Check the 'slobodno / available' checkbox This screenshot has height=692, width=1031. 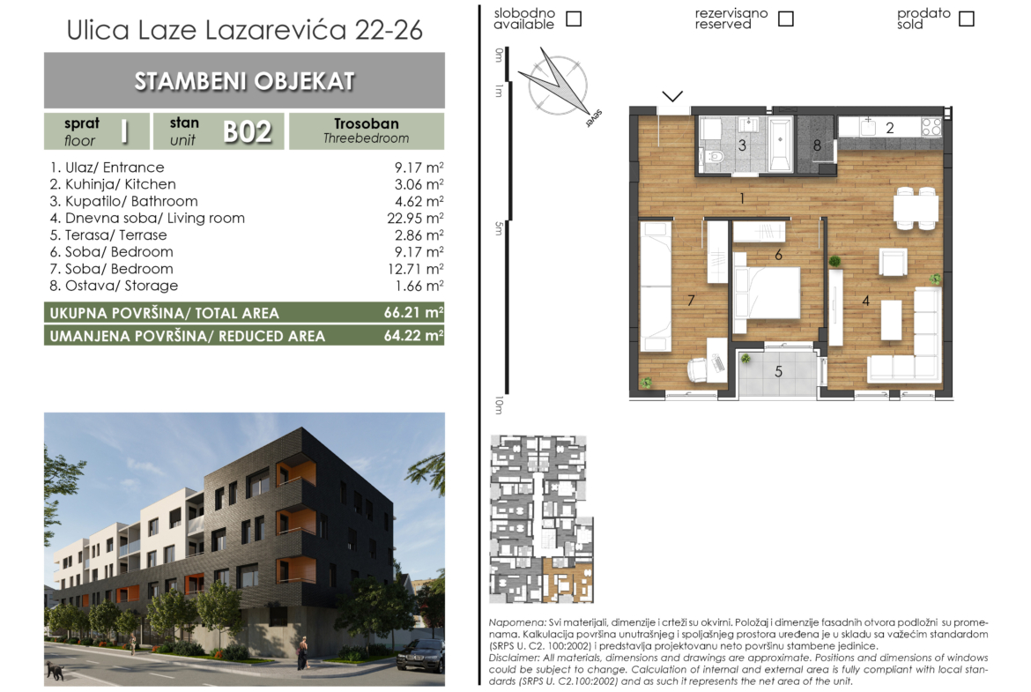pyautogui.click(x=574, y=19)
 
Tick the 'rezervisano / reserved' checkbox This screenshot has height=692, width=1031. pyautogui.click(x=786, y=19)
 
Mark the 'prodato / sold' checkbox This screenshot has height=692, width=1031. pyautogui.click(x=967, y=19)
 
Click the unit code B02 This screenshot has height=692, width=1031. pyautogui.click(x=248, y=131)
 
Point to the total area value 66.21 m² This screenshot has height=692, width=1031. pyautogui.click(x=413, y=312)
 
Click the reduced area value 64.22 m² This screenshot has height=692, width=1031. pyautogui.click(x=413, y=336)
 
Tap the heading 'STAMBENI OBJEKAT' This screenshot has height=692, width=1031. pyautogui.click(x=245, y=81)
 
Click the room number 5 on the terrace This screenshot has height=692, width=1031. pyautogui.click(x=778, y=372)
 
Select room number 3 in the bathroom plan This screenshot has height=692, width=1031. pyautogui.click(x=742, y=145)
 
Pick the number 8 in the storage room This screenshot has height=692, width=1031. pyautogui.click(x=817, y=145)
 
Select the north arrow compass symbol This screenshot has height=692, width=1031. pyautogui.click(x=559, y=86)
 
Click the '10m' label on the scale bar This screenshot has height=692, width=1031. pyautogui.click(x=499, y=405)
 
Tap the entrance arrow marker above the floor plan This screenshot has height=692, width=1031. pyautogui.click(x=672, y=97)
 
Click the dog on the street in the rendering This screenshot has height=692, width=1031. pyautogui.click(x=55, y=671)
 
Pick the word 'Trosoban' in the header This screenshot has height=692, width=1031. pyautogui.click(x=367, y=123)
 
